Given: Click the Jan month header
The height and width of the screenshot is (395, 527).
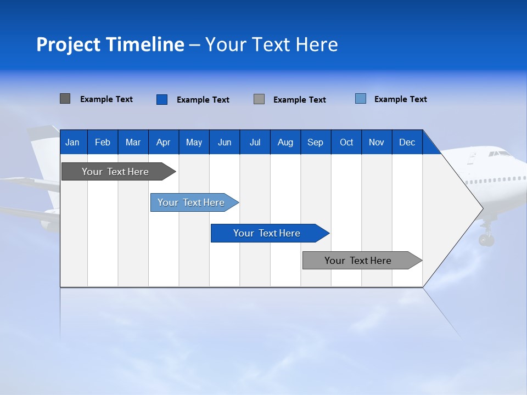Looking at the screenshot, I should pos(72,143).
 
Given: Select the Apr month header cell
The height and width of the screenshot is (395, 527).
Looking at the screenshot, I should pos(163,143).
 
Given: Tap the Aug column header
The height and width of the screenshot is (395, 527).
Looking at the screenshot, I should pos(285,143).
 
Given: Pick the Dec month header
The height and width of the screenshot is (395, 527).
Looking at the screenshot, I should pos(407,143).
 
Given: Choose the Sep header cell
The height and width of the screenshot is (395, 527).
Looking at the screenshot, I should pos(315,143).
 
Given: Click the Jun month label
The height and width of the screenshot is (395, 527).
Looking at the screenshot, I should pos(224,143).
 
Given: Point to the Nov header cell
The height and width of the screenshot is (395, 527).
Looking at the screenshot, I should pos(376,143).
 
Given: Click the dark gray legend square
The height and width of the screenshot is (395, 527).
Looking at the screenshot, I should pos(65,99).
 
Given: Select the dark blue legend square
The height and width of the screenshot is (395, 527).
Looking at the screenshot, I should pos(161,99).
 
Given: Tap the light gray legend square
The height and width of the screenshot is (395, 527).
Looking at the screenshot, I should pos(259,99).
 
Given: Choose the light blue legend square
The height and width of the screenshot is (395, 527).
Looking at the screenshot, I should pos(360,99).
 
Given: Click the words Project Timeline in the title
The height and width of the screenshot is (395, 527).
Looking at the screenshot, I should pos(110,44).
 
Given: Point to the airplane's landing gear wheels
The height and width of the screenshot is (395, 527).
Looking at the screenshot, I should pos(486,239).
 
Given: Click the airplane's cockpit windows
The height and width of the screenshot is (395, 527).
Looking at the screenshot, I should pos(498,154).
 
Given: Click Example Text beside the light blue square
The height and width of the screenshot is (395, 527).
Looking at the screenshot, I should pos(400,99).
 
